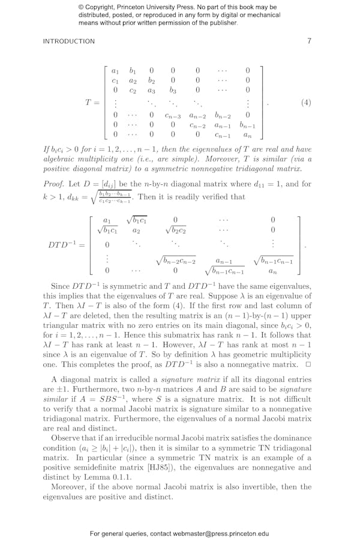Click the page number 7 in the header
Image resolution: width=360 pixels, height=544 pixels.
click(x=309, y=41)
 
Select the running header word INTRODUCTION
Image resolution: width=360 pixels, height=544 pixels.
click(x=69, y=41)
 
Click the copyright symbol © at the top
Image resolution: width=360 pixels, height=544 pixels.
click(x=81, y=7)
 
